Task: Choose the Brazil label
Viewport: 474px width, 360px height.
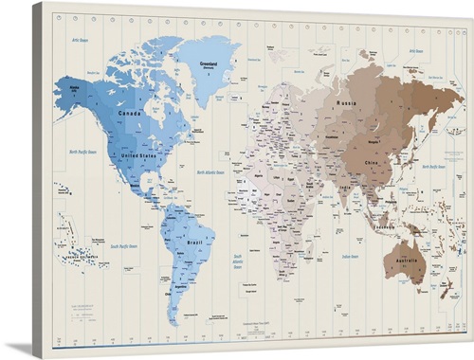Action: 195,243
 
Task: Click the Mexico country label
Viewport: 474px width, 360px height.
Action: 123,184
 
